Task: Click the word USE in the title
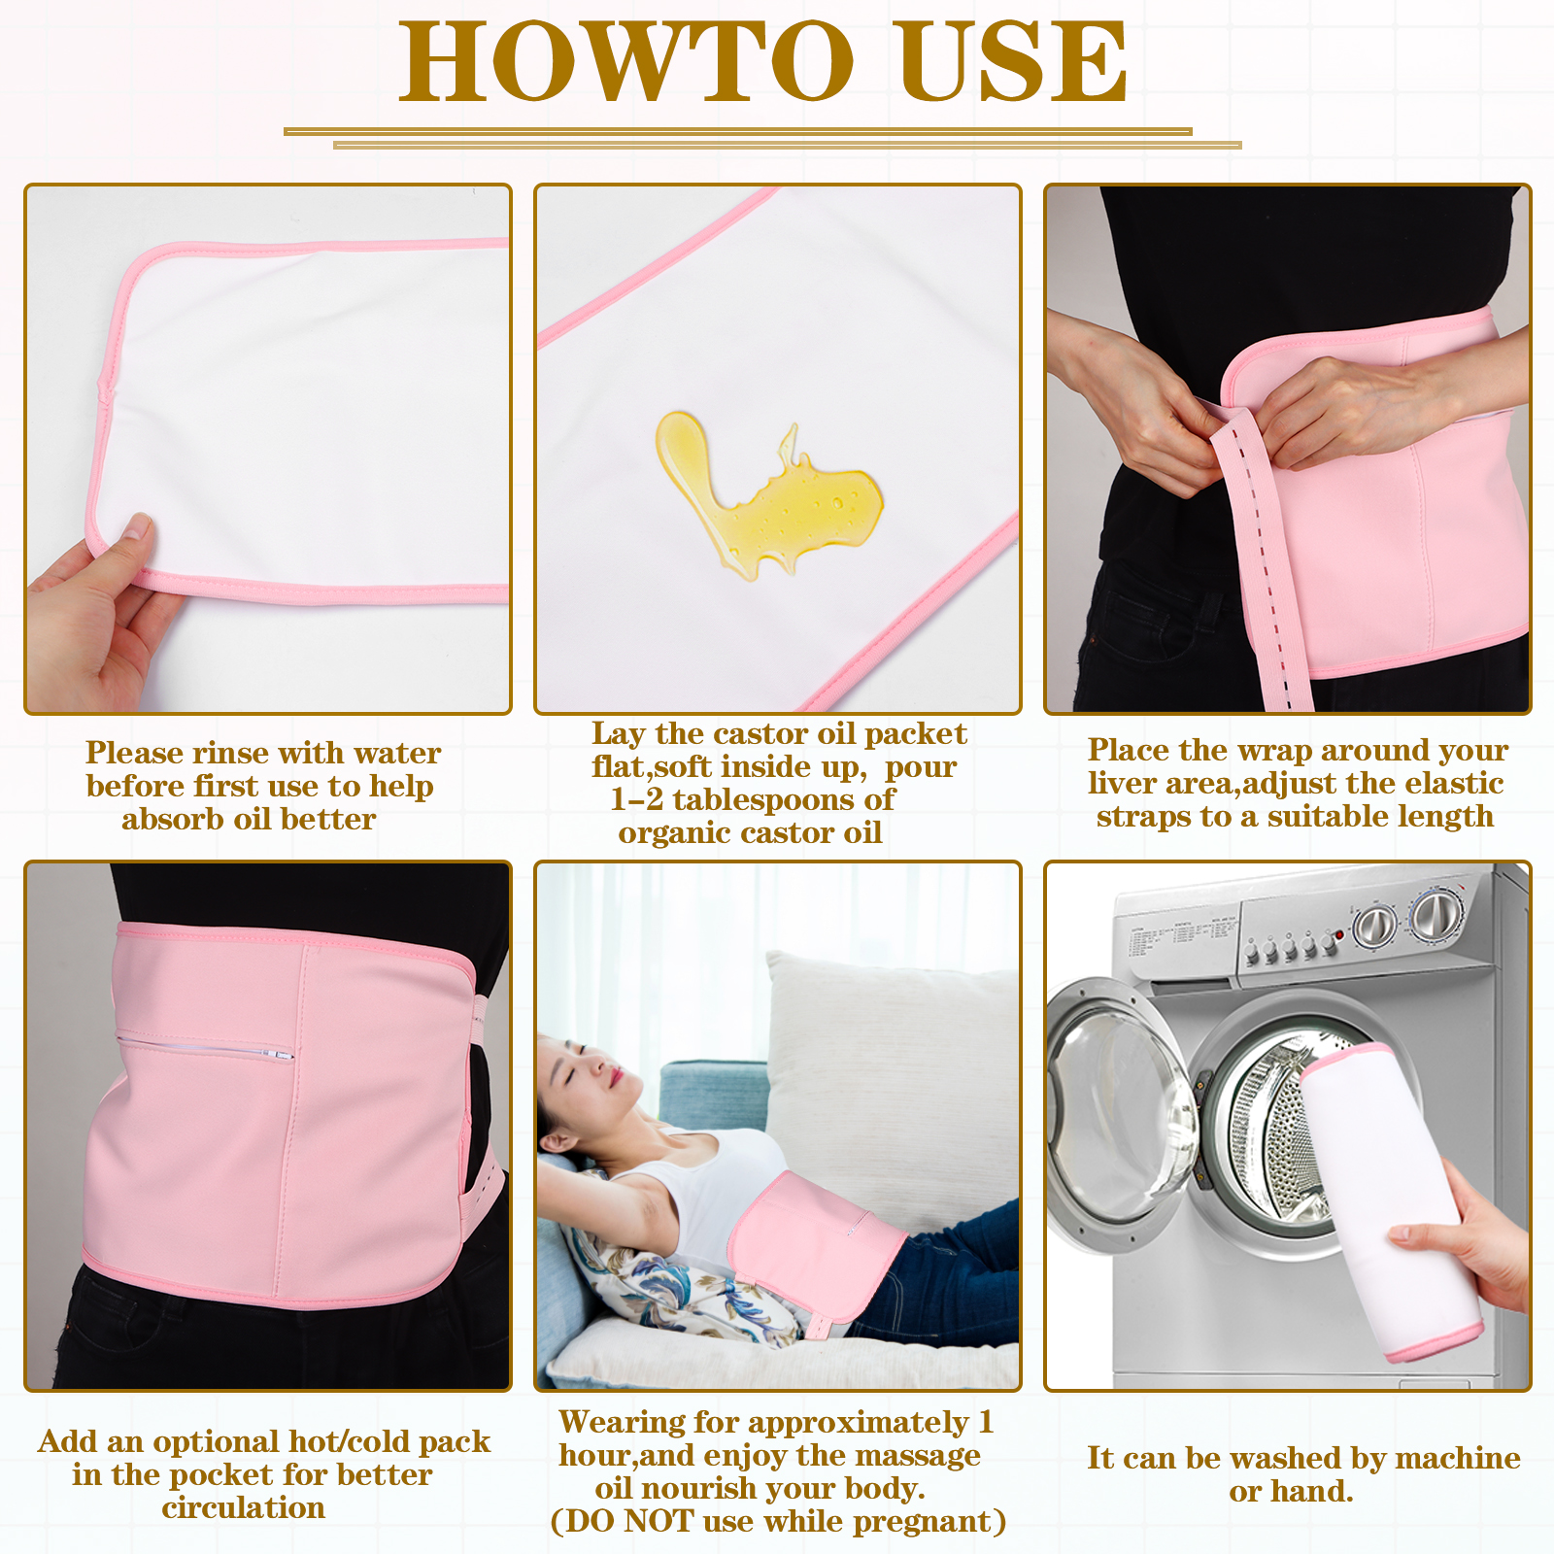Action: click(x=1013, y=61)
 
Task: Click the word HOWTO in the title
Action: click(x=626, y=61)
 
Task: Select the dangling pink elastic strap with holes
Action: click(x=1263, y=563)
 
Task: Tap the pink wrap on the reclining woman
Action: click(x=816, y=1243)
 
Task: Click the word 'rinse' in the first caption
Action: click(x=235, y=753)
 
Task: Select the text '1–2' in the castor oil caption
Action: click(x=637, y=799)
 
